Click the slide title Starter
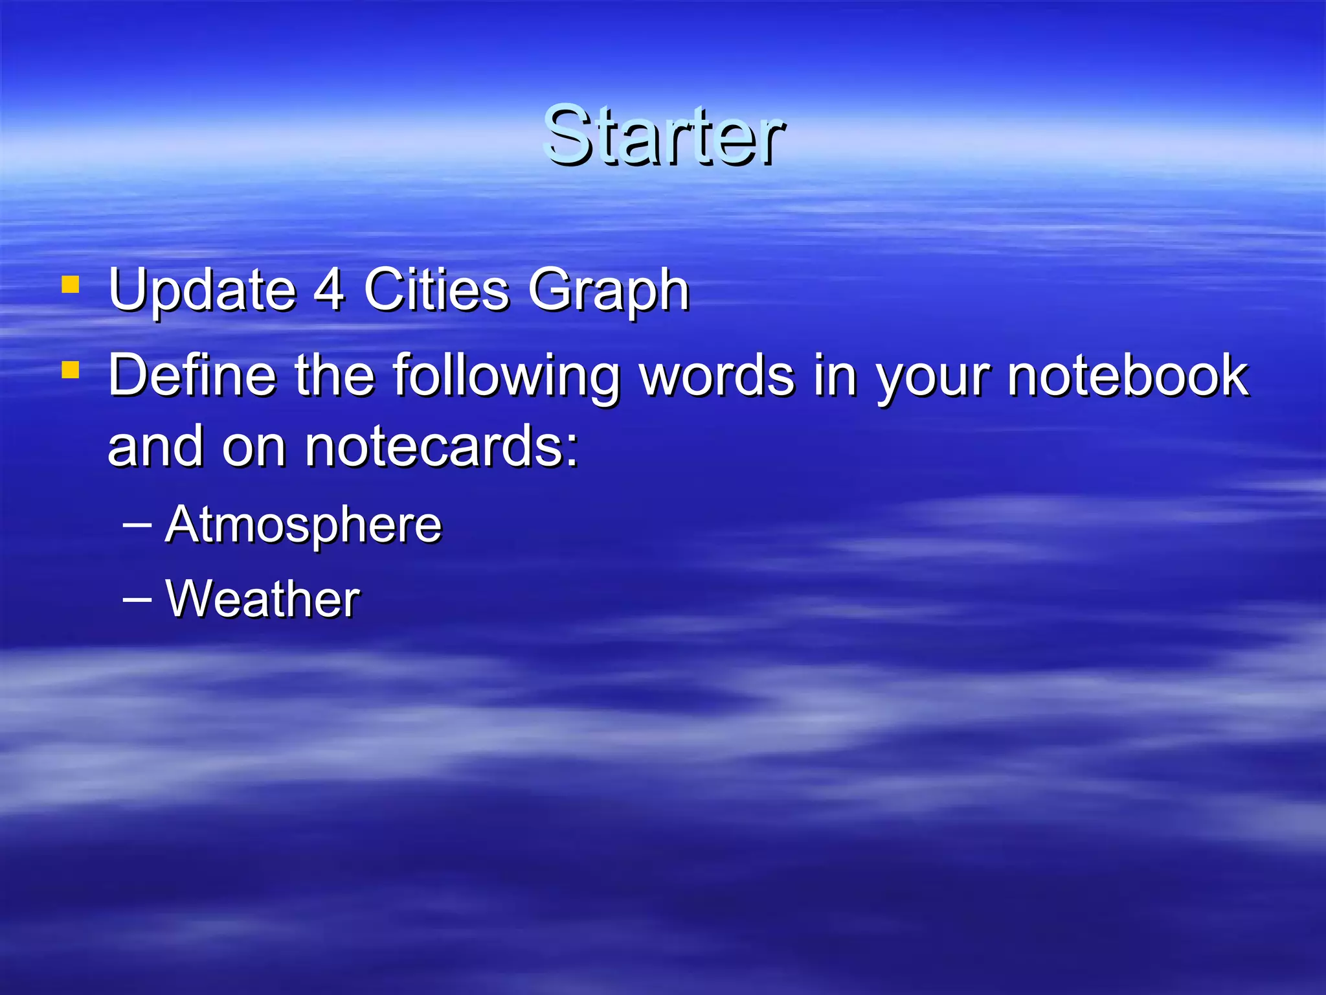[x=664, y=136]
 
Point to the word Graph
[x=609, y=292]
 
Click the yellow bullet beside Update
[x=70, y=285]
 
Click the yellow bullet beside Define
[x=70, y=370]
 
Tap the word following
[x=506, y=377]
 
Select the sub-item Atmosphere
[x=304, y=525]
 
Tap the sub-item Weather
[x=263, y=599]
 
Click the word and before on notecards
[x=156, y=446]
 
